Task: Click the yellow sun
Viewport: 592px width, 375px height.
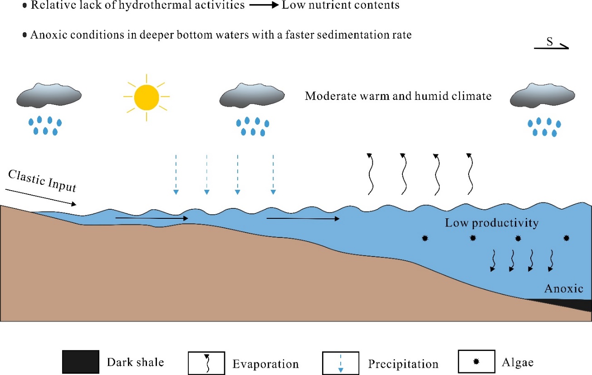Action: point(146,97)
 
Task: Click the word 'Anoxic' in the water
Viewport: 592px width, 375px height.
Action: point(563,289)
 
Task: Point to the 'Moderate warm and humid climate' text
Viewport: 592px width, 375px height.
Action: point(398,96)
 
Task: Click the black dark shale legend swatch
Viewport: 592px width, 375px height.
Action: point(81,362)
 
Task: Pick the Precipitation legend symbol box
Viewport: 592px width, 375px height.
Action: point(340,363)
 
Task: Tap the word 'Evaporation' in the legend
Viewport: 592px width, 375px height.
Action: point(265,364)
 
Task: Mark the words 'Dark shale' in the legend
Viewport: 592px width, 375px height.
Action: point(135,362)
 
